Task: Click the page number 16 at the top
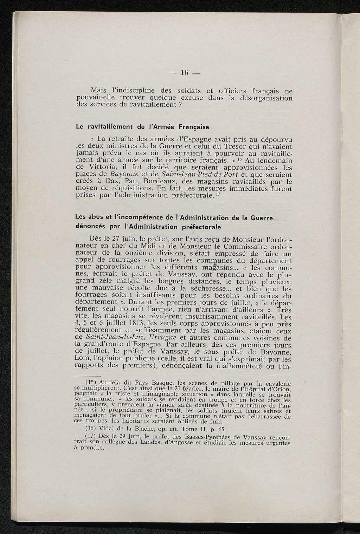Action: coord(185,73)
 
